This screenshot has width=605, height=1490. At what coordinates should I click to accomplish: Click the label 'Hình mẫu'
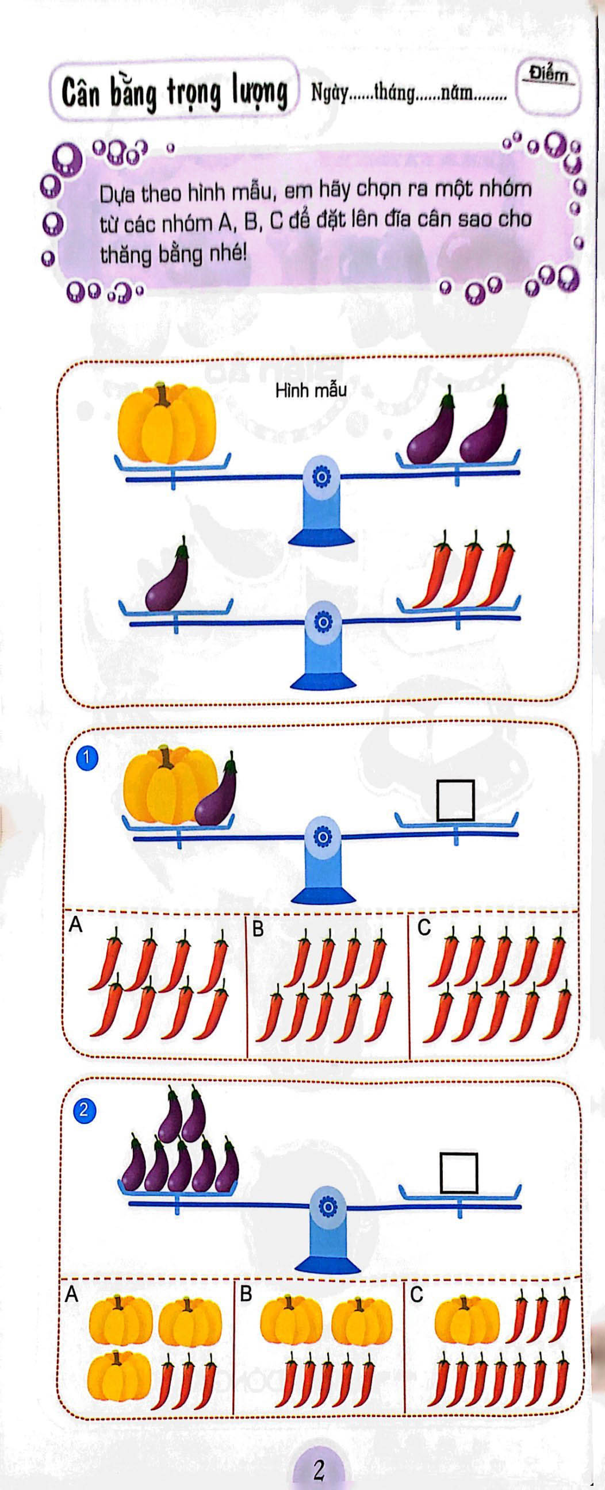(311, 390)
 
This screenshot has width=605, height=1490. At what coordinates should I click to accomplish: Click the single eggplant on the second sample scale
(167, 577)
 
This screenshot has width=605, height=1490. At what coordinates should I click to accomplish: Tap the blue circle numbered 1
(87, 759)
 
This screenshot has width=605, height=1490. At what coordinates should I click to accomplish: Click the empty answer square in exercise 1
(455, 801)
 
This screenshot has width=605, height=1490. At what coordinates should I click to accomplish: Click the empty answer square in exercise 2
(459, 1173)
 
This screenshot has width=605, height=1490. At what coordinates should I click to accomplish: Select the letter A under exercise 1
(76, 926)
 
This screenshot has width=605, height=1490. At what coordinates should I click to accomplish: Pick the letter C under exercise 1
(424, 928)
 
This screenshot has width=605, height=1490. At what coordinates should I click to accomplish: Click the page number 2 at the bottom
(319, 1469)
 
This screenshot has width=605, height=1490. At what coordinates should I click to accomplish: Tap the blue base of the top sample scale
(321, 538)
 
